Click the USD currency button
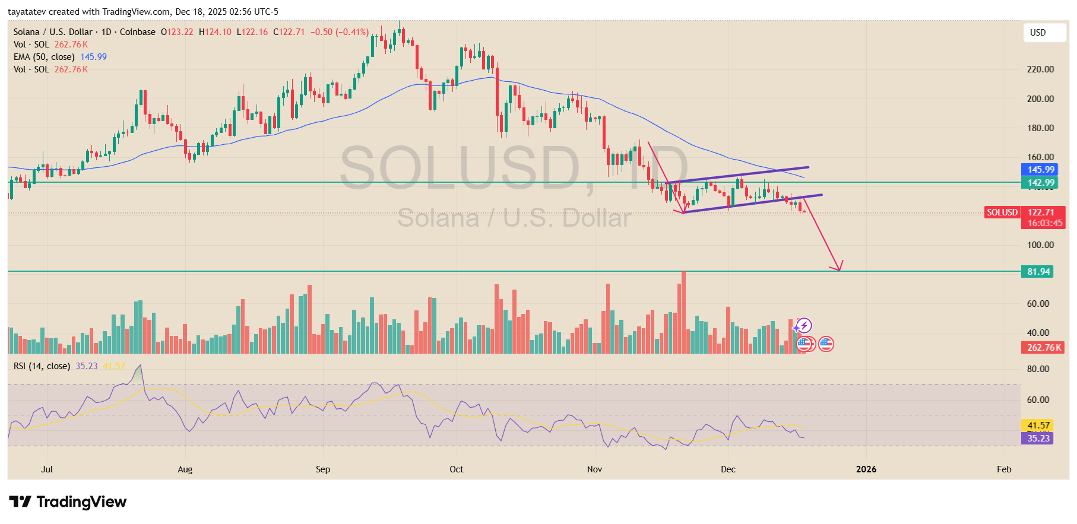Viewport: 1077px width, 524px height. coord(1044,33)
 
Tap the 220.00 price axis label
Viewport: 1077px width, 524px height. coord(1040,69)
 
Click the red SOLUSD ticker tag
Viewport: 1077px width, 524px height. coord(1002,212)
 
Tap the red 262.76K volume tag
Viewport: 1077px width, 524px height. coord(1044,348)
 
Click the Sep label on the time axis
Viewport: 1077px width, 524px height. coord(323,469)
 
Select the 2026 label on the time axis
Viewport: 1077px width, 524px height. coord(866,469)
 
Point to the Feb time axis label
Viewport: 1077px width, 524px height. coord(1004,469)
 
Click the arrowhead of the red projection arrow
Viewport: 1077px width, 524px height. coord(838,268)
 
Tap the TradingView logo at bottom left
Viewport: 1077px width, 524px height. coord(68,502)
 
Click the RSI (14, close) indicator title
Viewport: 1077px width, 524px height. coord(42,366)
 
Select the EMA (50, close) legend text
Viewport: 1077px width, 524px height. coord(44,57)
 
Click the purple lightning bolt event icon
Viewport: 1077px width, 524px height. coord(803,325)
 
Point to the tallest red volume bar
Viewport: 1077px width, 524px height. coord(683,312)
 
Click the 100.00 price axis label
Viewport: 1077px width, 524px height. coord(1040,245)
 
